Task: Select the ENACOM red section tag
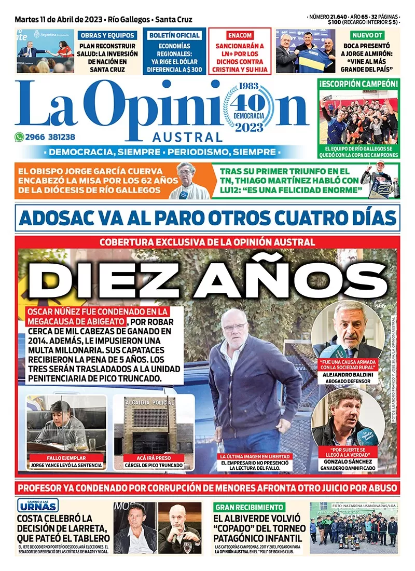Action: (240, 35)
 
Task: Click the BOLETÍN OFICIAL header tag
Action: (174, 35)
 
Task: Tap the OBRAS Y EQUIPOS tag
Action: (108, 35)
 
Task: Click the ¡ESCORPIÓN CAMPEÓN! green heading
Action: (359, 83)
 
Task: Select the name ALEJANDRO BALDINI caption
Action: (348, 372)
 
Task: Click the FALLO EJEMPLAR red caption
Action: (66, 458)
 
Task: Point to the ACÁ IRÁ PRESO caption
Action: (154, 458)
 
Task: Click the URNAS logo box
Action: (38, 505)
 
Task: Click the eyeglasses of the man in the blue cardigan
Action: (234, 327)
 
